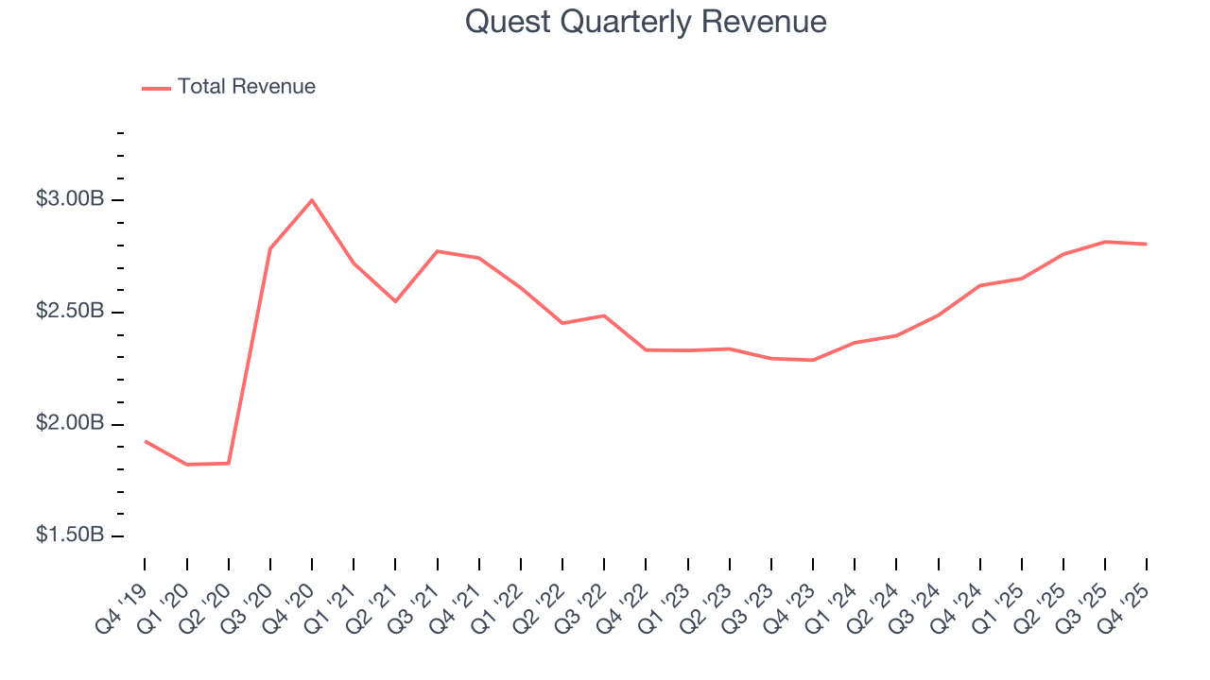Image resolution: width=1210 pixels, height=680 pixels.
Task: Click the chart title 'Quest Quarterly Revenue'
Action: pyautogui.click(x=646, y=22)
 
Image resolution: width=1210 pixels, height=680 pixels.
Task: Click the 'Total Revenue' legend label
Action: pyautogui.click(x=246, y=87)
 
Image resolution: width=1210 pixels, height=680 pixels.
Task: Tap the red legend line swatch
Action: pyautogui.click(x=156, y=88)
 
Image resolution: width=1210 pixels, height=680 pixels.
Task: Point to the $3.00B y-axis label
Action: pyautogui.click(x=69, y=199)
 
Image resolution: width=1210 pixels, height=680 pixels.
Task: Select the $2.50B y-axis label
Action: pyautogui.click(x=69, y=312)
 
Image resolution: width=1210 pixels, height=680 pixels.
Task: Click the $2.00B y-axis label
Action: pyautogui.click(x=69, y=423)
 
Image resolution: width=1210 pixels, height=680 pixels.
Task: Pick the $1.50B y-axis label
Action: pyautogui.click(x=69, y=535)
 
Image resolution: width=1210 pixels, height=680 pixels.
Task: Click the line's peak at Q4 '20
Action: pyautogui.click(x=312, y=200)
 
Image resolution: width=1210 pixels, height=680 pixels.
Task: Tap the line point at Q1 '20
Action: pyautogui.click(x=186, y=465)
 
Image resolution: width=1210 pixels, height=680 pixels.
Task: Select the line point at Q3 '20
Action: pyautogui.click(x=270, y=248)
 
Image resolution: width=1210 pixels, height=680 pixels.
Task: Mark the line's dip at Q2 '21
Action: pyautogui.click(x=395, y=301)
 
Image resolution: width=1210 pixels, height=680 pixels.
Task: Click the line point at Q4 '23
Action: pyautogui.click(x=813, y=360)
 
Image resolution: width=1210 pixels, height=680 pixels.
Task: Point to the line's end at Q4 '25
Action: pyautogui.click(x=1147, y=244)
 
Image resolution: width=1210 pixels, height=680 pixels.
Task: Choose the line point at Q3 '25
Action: pyautogui.click(x=1105, y=242)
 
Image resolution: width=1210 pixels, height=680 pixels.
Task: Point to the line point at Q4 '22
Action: pyautogui.click(x=646, y=349)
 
